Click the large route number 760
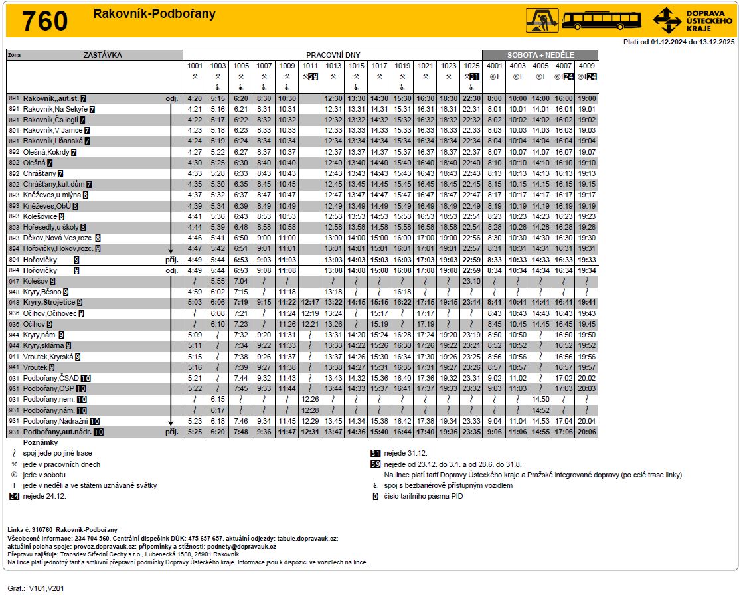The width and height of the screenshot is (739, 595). tap(45, 21)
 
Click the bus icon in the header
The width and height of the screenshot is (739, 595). tap(602, 20)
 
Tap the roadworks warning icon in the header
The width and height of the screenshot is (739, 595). tap(541, 20)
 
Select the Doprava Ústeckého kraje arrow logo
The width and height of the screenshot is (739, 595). tap(667, 20)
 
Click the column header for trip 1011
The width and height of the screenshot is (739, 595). tap(310, 66)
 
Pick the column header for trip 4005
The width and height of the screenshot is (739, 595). tap(540, 66)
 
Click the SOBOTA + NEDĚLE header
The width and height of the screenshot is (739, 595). tap(540, 55)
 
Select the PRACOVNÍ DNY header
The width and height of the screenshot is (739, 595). tap(333, 55)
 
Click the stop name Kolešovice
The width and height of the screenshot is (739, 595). tap(40, 216)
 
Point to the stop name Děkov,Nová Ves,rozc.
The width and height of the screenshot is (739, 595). tap(58, 238)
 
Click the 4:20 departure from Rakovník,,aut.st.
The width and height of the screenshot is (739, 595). tap(195, 98)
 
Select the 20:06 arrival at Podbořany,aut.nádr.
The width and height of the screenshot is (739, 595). tap(586, 432)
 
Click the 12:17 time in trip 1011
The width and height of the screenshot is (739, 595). tap(310, 302)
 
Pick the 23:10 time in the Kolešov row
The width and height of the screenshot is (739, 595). tap(471, 281)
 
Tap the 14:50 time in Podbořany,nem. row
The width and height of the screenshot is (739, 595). tap(540, 399)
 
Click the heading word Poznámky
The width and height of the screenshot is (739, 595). tap(41, 442)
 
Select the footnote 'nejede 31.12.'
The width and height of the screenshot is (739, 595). tap(405, 453)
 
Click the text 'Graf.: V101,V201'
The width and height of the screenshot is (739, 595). tap(37, 588)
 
